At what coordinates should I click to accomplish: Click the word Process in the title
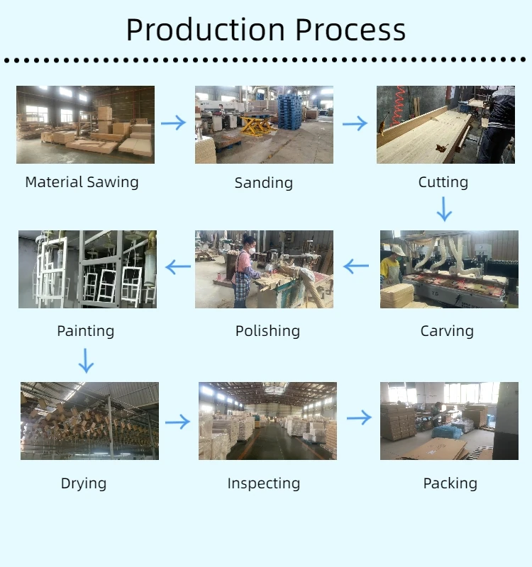350,30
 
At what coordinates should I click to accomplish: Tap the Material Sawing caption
82,182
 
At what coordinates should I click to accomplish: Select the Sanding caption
264,183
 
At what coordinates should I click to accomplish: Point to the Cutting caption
443,182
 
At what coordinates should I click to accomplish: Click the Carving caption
447,331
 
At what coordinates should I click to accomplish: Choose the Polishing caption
267,331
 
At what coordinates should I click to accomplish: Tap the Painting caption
86,331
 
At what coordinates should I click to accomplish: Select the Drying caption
84,483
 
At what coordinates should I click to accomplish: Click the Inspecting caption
264,484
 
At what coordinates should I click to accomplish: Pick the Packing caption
450,483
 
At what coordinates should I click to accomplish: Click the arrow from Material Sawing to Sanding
173,123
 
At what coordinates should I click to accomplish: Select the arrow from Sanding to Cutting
355,124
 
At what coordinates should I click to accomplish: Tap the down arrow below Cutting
444,209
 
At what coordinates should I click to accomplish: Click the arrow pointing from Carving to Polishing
356,267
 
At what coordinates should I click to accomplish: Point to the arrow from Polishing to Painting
178,267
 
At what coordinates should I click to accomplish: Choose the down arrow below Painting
86,360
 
